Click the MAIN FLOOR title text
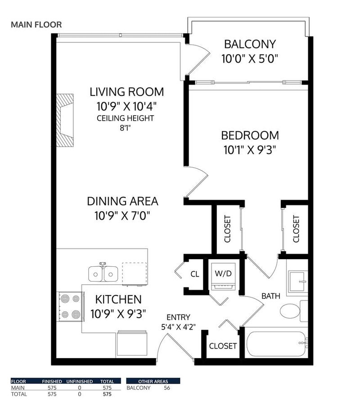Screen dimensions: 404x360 pos(36,24)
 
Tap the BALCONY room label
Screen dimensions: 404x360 pos(250,45)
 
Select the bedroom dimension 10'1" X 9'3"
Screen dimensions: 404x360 pos(250,149)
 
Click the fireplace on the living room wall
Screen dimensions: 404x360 pos(64,119)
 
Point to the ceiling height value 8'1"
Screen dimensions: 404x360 pos(126,128)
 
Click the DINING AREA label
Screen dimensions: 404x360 pos(122,201)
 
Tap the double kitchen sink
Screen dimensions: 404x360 pos(103,273)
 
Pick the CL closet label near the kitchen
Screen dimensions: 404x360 pos(194,274)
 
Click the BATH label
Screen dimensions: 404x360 pos(271,296)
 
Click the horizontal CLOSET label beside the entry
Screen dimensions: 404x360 pos(223,346)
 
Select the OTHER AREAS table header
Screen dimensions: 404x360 pos(153,381)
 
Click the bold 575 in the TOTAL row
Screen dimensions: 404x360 pos(107,394)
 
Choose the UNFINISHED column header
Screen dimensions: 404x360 pos(80,381)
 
